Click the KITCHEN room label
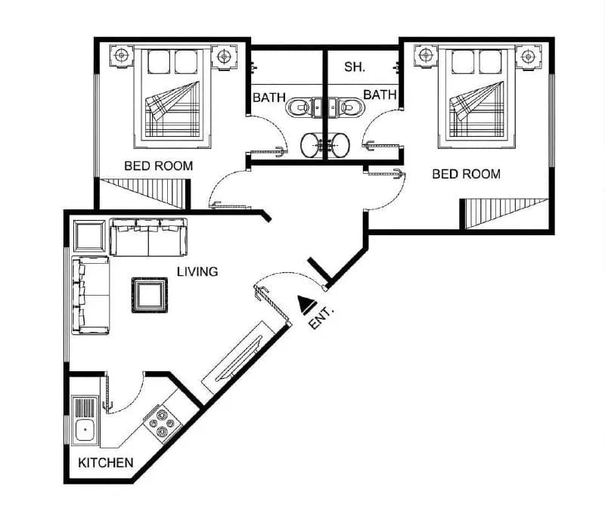click(105, 463)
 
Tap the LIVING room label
click(197, 271)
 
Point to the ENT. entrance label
click(321, 318)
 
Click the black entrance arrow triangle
click(307, 305)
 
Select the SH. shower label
click(355, 67)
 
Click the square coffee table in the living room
click(149, 295)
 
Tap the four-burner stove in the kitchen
click(163, 423)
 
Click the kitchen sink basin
click(85, 429)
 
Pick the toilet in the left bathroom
click(299, 107)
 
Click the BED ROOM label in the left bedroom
click(159, 166)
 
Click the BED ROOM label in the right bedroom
click(466, 174)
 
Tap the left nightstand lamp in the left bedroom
click(122, 56)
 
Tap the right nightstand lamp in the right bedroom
click(528, 57)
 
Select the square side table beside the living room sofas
click(89, 236)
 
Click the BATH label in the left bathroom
click(269, 98)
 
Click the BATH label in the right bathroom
click(380, 95)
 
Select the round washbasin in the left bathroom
click(311, 145)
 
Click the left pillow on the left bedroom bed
click(159, 61)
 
